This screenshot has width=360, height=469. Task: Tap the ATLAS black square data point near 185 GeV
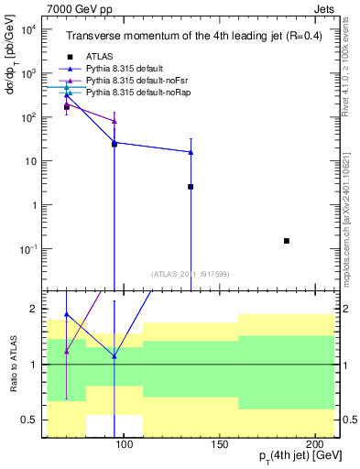(x=287, y=241)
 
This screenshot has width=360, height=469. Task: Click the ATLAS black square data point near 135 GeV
(x=191, y=187)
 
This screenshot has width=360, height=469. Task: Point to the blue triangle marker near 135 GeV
(x=191, y=152)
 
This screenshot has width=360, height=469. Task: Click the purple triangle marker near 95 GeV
(x=115, y=121)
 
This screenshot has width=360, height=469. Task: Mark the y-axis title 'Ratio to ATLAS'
(x=12, y=364)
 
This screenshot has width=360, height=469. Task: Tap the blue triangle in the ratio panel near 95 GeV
(x=115, y=356)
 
